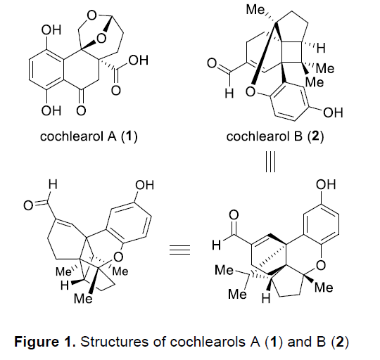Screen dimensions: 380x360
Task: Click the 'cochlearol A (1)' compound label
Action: coord(89,136)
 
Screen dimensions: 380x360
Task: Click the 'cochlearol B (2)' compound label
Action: coord(275,136)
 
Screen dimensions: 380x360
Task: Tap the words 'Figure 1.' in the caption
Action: coord(45,342)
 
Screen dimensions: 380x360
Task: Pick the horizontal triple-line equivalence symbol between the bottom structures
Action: coord(179,250)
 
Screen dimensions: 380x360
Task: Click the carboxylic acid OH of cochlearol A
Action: coord(138,60)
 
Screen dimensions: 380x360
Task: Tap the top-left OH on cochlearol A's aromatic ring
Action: coord(51,30)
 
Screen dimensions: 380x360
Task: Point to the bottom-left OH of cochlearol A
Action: coord(51,111)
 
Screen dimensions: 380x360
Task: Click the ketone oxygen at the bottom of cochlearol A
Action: coord(82,111)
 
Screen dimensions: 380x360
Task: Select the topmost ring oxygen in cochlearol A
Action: coord(92,15)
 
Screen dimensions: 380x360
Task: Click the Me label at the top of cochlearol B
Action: coord(255,10)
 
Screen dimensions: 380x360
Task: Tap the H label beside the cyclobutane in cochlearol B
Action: coord(321,49)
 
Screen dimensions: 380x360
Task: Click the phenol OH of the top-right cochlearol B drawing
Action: coord(334,112)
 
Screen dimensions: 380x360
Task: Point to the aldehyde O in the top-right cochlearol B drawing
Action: coord(212,63)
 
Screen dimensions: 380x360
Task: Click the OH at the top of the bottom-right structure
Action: coord(326,184)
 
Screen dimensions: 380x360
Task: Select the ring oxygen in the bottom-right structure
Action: coord(321,265)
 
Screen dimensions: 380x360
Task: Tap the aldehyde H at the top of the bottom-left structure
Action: coord(53,184)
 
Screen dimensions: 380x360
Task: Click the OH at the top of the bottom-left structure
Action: coord(144,185)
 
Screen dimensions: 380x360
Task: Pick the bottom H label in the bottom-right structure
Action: coord(266,299)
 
